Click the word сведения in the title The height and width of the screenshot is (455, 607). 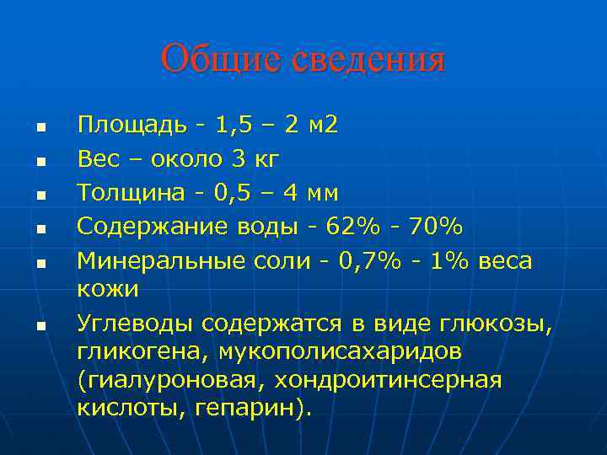368,60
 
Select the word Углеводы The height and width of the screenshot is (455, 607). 132,323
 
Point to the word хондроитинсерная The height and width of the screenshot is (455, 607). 397,380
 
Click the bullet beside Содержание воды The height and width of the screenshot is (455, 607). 39,228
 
